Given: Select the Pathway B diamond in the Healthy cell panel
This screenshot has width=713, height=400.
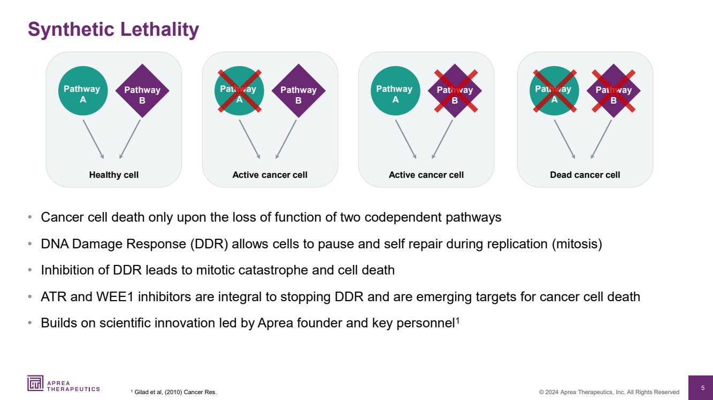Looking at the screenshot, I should [x=142, y=91].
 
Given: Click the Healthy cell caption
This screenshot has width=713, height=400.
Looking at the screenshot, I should [x=113, y=175].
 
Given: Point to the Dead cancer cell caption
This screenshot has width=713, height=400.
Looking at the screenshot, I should [x=585, y=175].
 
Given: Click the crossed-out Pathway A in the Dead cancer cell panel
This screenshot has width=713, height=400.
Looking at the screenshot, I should [x=554, y=91].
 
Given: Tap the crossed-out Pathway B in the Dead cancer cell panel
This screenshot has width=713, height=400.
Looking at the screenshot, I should [x=614, y=91].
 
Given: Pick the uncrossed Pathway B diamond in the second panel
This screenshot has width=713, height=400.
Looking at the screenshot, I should [x=298, y=91].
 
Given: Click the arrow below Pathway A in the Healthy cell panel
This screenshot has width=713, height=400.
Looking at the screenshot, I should [x=93, y=139].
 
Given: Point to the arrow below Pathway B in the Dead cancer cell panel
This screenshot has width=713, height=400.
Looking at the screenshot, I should [x=601, y=139].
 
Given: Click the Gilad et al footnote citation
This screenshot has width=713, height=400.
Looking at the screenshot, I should [x=174, y=392].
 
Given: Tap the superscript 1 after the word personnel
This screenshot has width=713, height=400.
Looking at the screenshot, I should [x=458, y=320].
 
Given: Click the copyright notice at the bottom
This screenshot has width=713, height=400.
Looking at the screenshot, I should [x=609, y=392].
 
